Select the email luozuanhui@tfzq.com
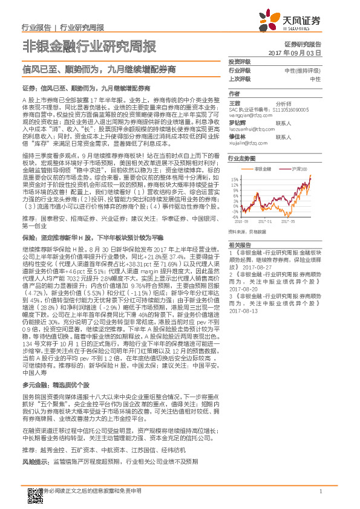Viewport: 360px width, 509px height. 253,129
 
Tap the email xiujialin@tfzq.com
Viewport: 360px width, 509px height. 248,144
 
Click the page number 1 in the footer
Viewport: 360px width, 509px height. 321,490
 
